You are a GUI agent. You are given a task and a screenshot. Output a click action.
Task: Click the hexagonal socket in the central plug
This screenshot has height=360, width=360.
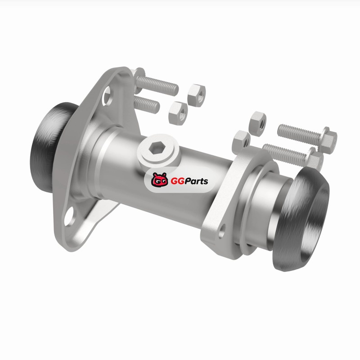coord(155,148)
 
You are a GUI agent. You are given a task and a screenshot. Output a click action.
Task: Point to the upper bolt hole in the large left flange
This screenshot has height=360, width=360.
coord(107,95)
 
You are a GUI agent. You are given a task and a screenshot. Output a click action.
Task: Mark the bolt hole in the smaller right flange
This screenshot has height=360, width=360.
coord(222,231)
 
